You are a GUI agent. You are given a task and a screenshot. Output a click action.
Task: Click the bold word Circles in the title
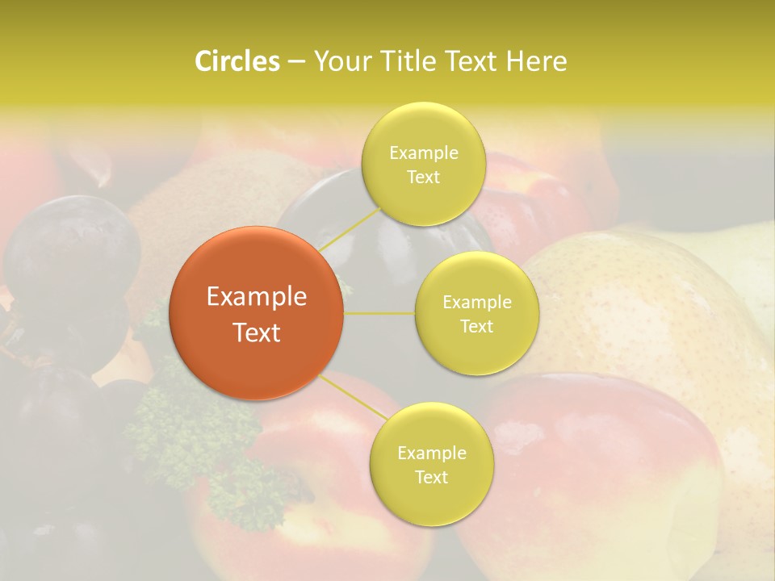[x=237, y=61]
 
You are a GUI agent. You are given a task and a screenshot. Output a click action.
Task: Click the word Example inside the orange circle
[x=257, y=297]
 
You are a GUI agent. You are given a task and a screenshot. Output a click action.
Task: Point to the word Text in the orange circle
[x=257, y=332]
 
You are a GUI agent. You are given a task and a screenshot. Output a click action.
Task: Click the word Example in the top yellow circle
[x=423, y=153]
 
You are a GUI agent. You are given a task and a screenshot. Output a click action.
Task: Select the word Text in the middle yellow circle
[x=477, y=326]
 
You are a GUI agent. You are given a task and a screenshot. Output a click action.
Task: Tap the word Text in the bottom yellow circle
[x=431, y=477]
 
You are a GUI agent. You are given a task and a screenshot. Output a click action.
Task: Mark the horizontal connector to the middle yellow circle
[x=379, y=313]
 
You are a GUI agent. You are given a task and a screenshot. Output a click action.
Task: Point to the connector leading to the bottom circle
[x=355, y=397]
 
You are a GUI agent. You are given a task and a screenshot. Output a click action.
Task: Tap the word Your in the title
[x=340, y=61]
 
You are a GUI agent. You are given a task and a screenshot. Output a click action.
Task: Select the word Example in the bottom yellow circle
[x=431, y=453]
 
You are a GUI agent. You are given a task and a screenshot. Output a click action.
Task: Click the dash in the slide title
[x=295, y=61]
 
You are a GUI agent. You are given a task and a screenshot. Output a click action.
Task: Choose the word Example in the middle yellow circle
[x=477, y=302]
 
